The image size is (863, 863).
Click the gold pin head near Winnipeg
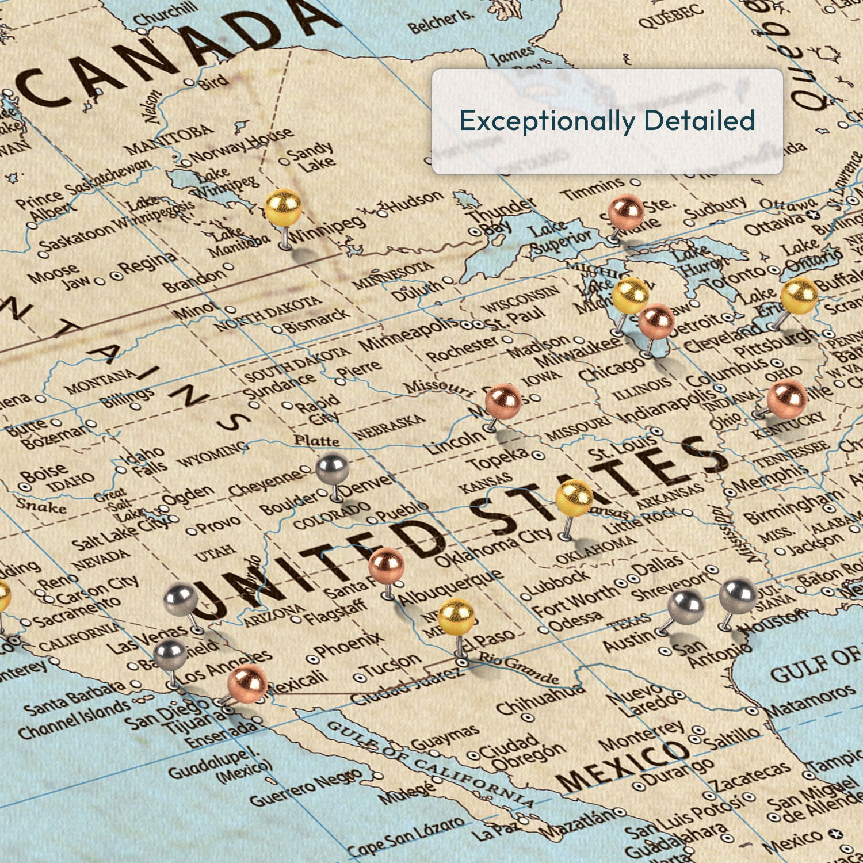[283, 207]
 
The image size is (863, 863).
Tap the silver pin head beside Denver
[333, 468]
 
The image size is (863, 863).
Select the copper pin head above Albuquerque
[386, 565]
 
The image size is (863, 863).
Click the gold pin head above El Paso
[456, 617]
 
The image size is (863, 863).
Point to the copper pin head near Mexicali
[247, 682]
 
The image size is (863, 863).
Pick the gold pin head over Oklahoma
[574, 498]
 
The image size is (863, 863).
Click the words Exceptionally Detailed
[607, 121]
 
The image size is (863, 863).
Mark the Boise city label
[44, 474]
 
